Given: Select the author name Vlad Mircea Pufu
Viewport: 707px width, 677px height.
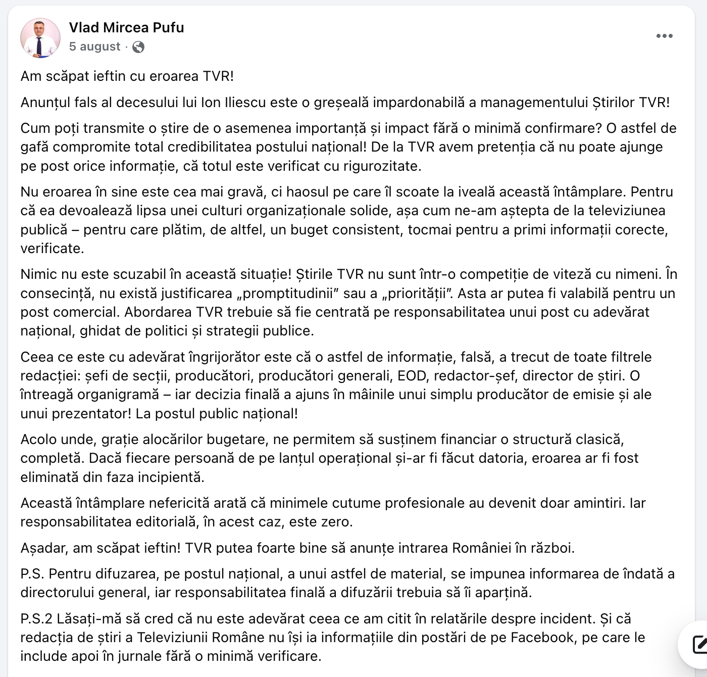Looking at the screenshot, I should tap(126, 27).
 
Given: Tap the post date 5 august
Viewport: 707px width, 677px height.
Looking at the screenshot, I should tap(94, 46).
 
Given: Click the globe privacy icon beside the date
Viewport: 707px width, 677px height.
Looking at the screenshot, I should tap(138, 47).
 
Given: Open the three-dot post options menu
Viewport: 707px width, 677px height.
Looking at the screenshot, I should tap(664, 36).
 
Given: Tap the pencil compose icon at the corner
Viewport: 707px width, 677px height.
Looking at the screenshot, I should tap(699, 645).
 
